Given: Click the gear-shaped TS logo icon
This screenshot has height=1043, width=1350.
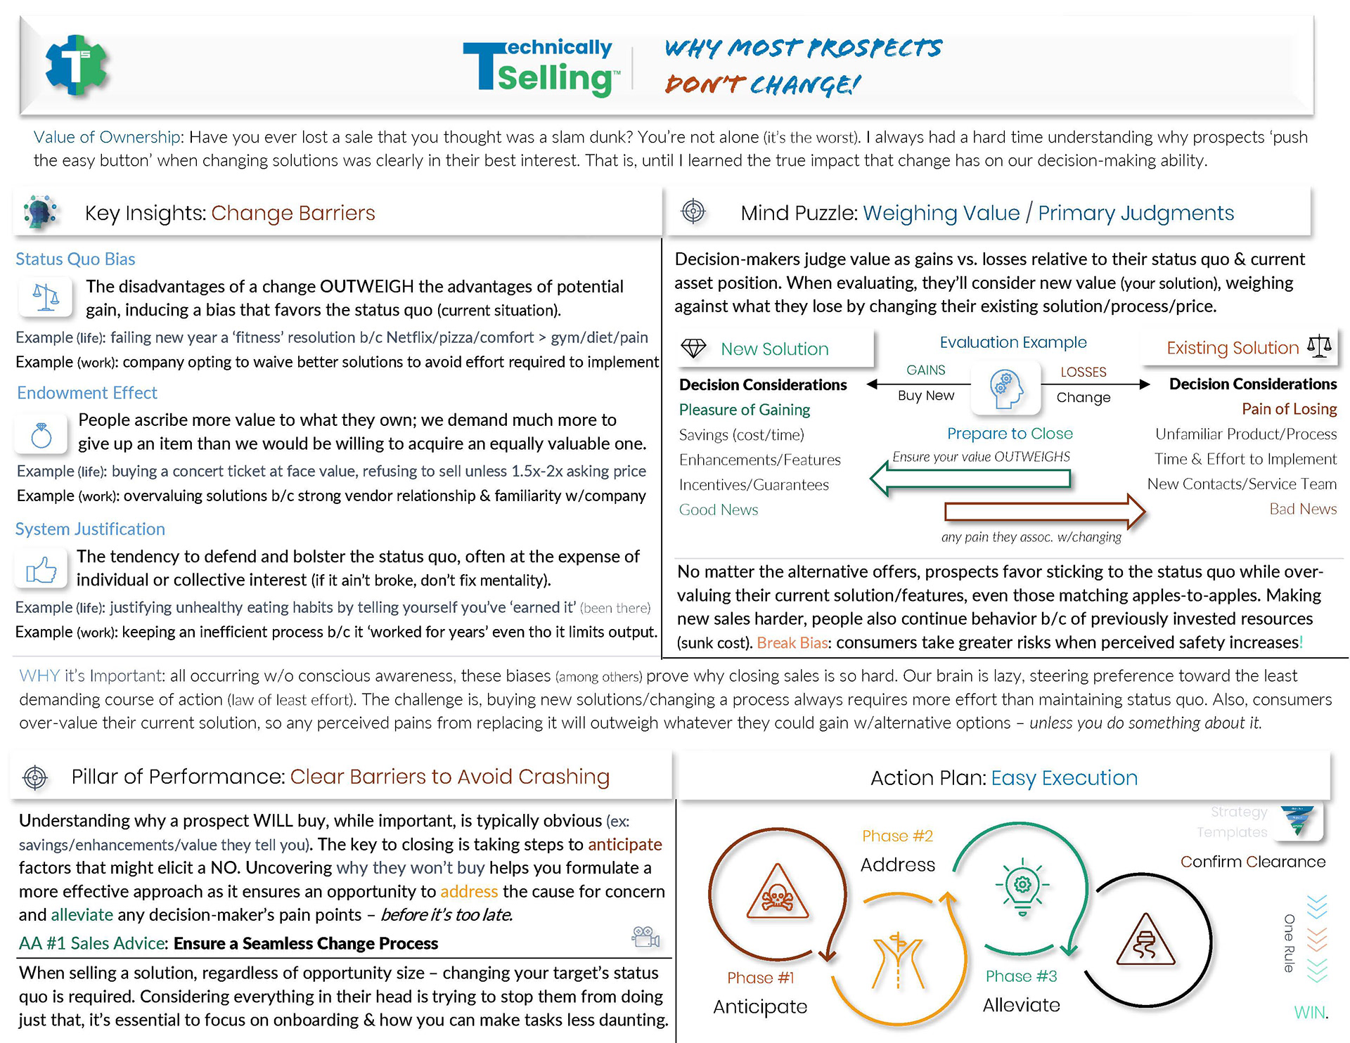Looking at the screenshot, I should pyautogui.click(x=76, y=65).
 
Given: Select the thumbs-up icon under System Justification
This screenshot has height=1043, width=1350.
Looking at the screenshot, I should pyautogui.click(x=41, y=570).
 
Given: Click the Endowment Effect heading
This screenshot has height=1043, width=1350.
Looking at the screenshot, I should pyautogui.click(x=86, y=393).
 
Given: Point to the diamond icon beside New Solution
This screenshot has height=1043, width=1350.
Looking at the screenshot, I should pyautogui.click(x=693, y=349).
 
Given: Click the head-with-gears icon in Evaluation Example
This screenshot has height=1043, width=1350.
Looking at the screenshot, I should pyautogui.click(x=1006, y=389).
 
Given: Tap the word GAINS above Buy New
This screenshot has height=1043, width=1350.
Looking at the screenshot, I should pyautogui.click(x=925, y=370).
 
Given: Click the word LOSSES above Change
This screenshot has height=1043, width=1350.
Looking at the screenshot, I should pyautogui.click(x=1083, y=372).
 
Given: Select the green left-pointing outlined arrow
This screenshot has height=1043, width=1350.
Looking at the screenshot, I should pyautogui.click(x=970, y=479).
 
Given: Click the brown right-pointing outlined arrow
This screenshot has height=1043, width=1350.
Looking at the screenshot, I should pyautogui.click(x=1045, y=511).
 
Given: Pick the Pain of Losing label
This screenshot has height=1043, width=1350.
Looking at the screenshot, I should pyautogui.click(x=1289, y=409).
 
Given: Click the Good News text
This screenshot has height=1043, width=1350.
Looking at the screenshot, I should pyautogui.click(x=718, y=510).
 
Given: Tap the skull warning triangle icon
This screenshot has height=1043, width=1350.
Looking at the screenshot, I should pyautogui.click(x=777, y=893).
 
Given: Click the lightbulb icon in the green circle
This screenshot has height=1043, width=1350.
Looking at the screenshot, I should pyautogui.click(x=1022, y=886).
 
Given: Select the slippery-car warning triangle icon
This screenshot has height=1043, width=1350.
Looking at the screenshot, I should pyautogui.click(x=1145, y=942).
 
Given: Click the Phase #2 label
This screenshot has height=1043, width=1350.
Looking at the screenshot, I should pyautogui.click(x=897, y=836).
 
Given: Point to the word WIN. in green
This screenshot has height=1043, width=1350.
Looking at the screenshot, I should pyautogui.click(x=1310, y=1013).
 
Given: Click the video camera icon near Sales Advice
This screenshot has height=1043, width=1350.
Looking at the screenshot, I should pyautogui.click(x=645, y=937).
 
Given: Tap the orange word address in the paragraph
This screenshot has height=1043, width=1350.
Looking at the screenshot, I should pyautogui.click(x=469, y=891).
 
